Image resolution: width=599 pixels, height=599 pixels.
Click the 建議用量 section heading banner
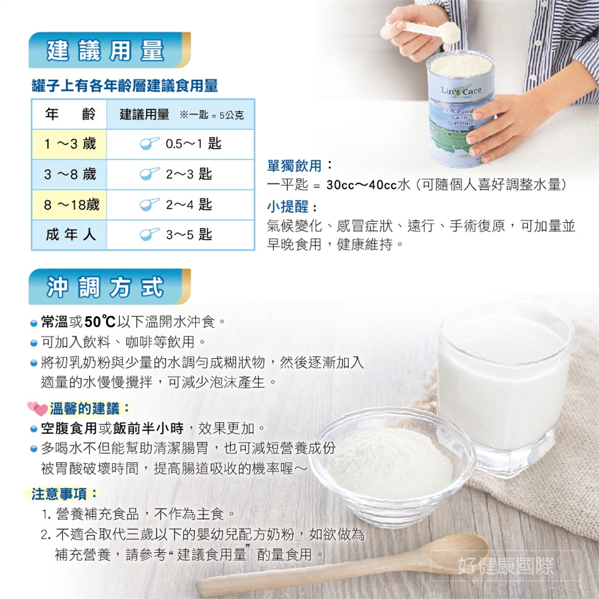click(x=110, y=50)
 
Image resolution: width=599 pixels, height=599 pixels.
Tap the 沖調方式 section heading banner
click(x=110, y=286)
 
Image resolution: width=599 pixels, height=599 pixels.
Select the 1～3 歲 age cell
click(x=69, y=144)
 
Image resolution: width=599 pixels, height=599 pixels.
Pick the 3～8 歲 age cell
click(x=69, y=174)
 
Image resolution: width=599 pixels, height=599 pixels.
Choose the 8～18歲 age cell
click(x=69, y=205)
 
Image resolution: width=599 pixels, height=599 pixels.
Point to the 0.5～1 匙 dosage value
click(x=193, y=144)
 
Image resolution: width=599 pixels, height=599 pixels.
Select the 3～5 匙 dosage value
click(x=188, y=235)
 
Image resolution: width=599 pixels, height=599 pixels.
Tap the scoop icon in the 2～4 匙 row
click(x=149, y=205)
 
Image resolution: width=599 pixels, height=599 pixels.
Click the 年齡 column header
click(x=70, y=114)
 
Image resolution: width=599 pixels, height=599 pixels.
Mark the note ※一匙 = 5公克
click(x=212, y=115)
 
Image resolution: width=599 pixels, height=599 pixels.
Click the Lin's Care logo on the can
click(x=460, y=91)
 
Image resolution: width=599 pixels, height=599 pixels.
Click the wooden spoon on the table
click(x=344, y=565)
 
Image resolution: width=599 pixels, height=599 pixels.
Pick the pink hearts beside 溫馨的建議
click(x=37, y=408)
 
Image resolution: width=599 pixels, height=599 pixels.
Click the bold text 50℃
click(x=100, y=322)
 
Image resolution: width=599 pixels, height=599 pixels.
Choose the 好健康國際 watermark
click(x=505, y=566)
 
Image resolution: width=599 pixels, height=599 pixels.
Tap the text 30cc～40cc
click(x=362, y=185)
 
